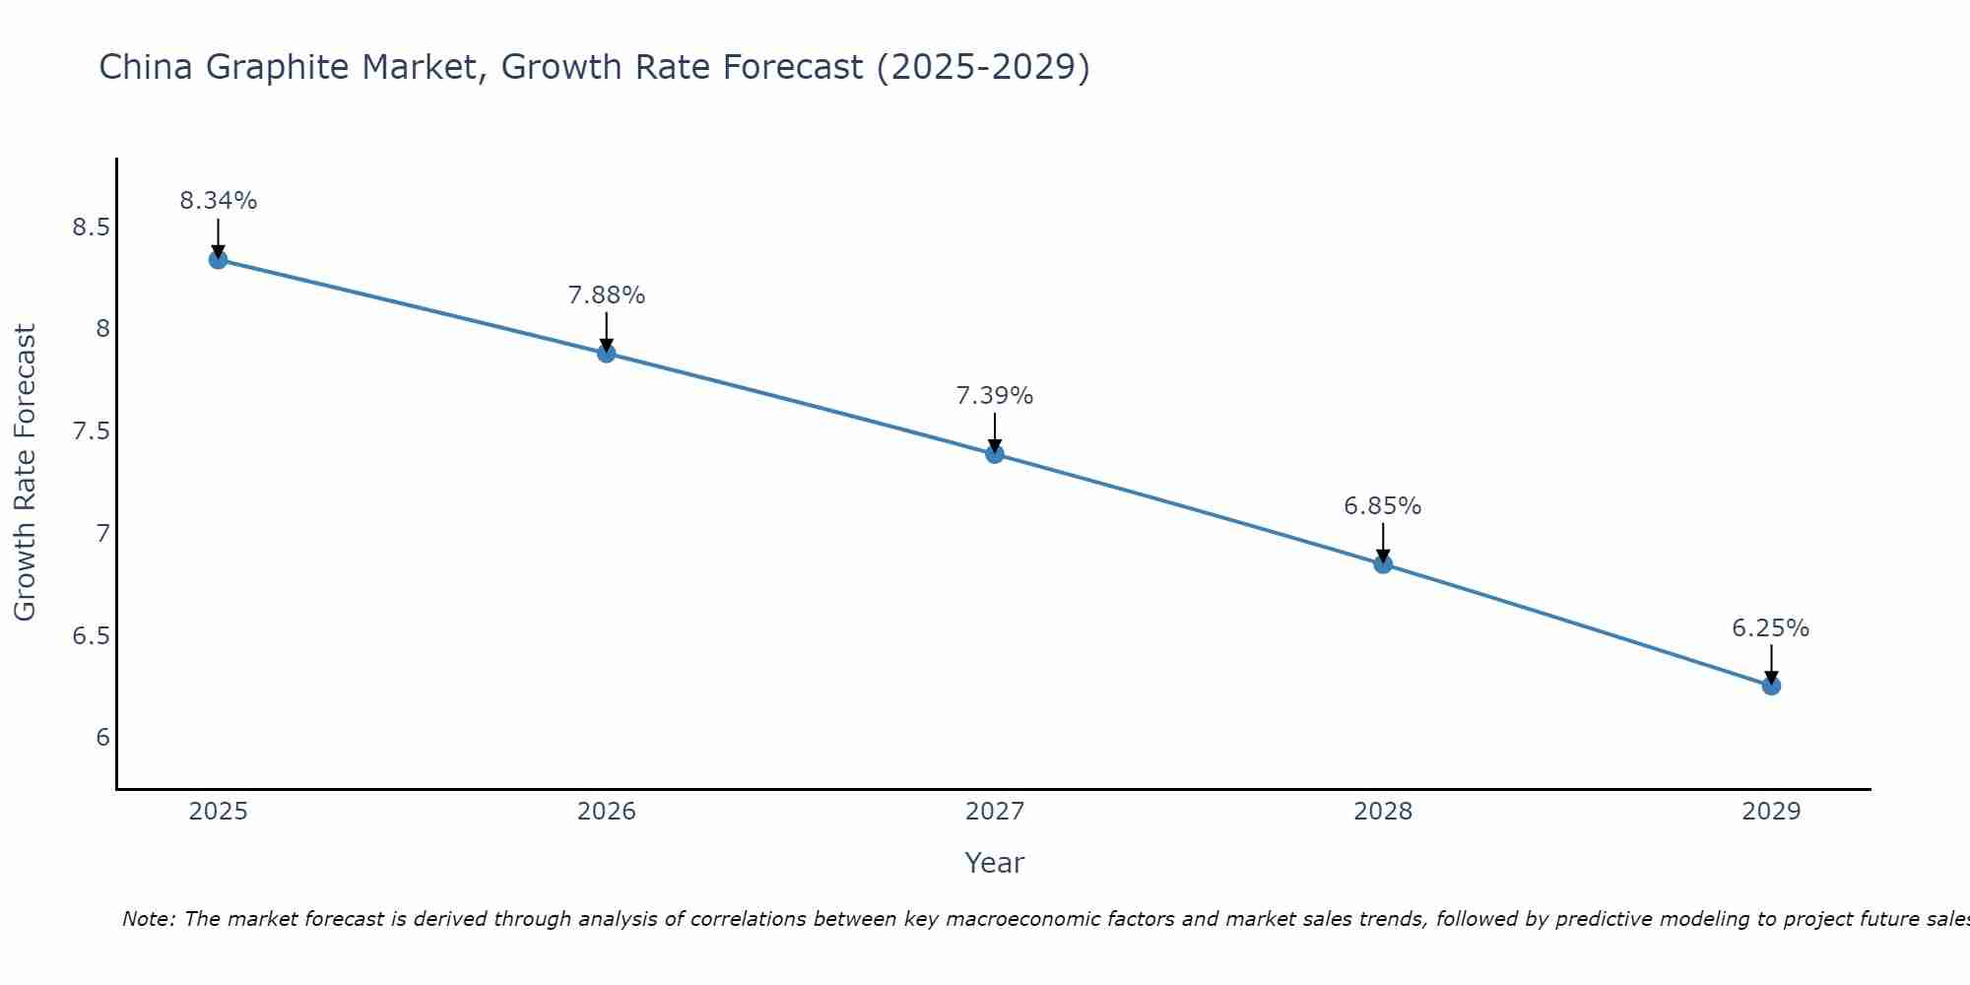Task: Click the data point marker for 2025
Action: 218,260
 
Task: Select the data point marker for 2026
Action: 607,354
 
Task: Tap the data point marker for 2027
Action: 995,454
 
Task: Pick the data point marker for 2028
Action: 1383,564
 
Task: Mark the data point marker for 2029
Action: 1771,686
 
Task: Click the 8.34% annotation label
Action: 218,201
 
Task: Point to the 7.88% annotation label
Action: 607,295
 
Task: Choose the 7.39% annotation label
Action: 995,396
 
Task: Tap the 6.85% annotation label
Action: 1383,506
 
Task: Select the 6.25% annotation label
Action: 1771,628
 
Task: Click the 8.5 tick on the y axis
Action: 91,228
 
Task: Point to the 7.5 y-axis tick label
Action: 91,431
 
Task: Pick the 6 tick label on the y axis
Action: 102,738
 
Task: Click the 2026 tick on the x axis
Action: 607,812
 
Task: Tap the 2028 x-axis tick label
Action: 1383,812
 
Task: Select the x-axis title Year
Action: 995,863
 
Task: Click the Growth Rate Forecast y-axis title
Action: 25,473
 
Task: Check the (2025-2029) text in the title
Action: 983,68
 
